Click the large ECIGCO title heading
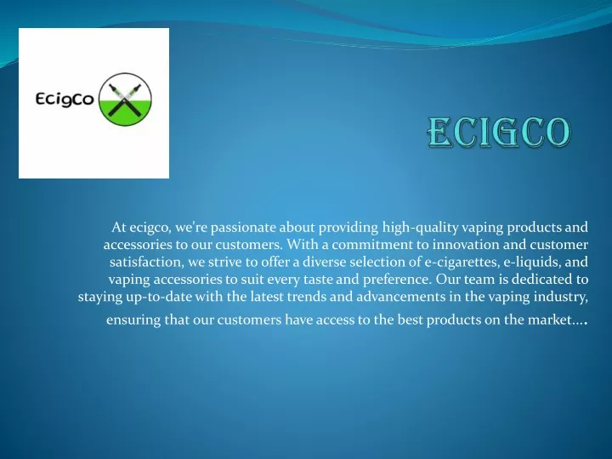(498, 132)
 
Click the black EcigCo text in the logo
(65, 99)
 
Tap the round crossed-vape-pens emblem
(125, 99)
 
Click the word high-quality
(420, 228)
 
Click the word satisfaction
(146, 263)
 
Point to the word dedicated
(541, 280)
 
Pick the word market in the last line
(550, 320)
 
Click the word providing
(348, 228)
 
